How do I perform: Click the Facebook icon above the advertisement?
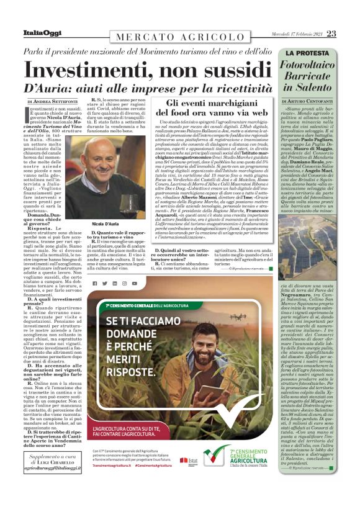(94, 283)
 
